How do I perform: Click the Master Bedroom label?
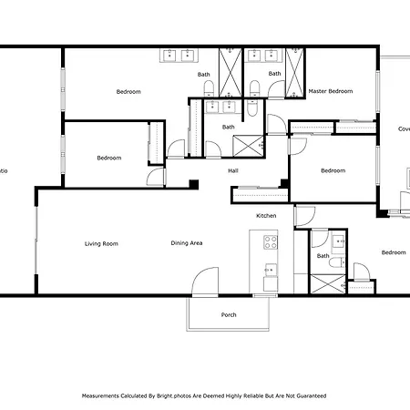coord(330,91)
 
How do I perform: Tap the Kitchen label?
coord(266,215)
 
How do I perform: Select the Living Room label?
coord(101,243)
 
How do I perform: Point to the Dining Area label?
coord(186,243)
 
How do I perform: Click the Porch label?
coord(229,315)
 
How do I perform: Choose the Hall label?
coord(233,169)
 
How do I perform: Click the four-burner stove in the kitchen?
coord(271,241)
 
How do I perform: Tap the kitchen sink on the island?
coord(271,270)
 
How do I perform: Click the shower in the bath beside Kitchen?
coord(323,282)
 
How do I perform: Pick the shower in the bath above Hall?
coord(243,146)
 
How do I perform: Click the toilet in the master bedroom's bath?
coord(255,87)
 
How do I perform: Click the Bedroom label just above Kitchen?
coord(333,170)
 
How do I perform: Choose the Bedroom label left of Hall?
coord(109,158)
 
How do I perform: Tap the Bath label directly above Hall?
coord(229,127)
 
